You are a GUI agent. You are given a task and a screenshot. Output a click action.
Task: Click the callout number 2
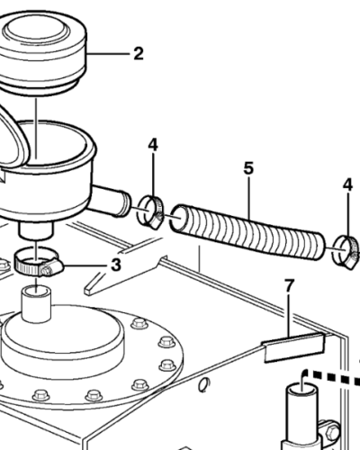pos(138,54)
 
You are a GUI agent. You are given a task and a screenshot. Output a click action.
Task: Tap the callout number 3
pos(115,265)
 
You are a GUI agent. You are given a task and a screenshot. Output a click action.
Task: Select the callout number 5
pos(249,168)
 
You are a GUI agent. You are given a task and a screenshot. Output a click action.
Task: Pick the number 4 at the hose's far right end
pos(347,184)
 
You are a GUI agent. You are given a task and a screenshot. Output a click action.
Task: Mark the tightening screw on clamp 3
pos(46,269)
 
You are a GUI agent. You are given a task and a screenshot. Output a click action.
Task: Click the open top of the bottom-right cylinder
pos(302,389)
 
